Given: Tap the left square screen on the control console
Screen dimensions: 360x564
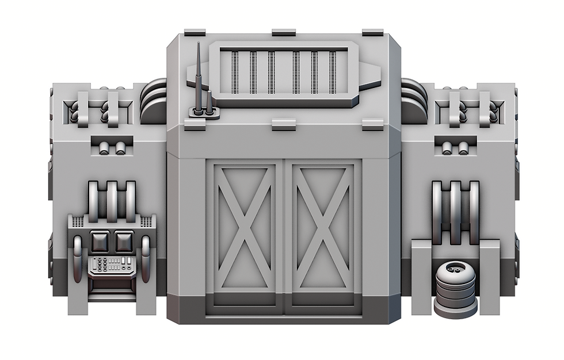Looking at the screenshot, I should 99,240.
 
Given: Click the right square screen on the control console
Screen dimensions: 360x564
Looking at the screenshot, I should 124,240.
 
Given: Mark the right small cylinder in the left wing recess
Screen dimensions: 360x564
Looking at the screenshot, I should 121,148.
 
